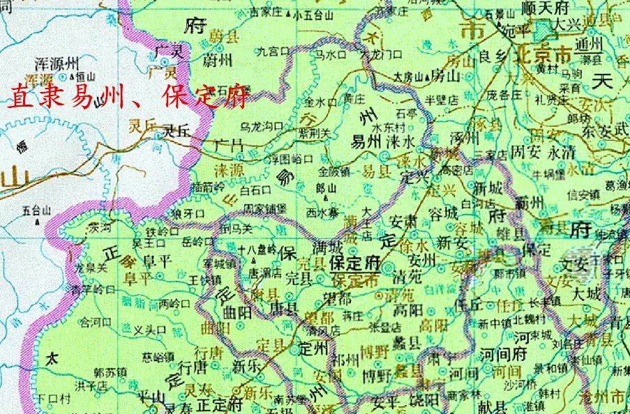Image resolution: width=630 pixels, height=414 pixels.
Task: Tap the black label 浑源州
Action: click(62, 61)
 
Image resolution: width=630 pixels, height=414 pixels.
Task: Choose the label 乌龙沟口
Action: click(262, 126)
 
